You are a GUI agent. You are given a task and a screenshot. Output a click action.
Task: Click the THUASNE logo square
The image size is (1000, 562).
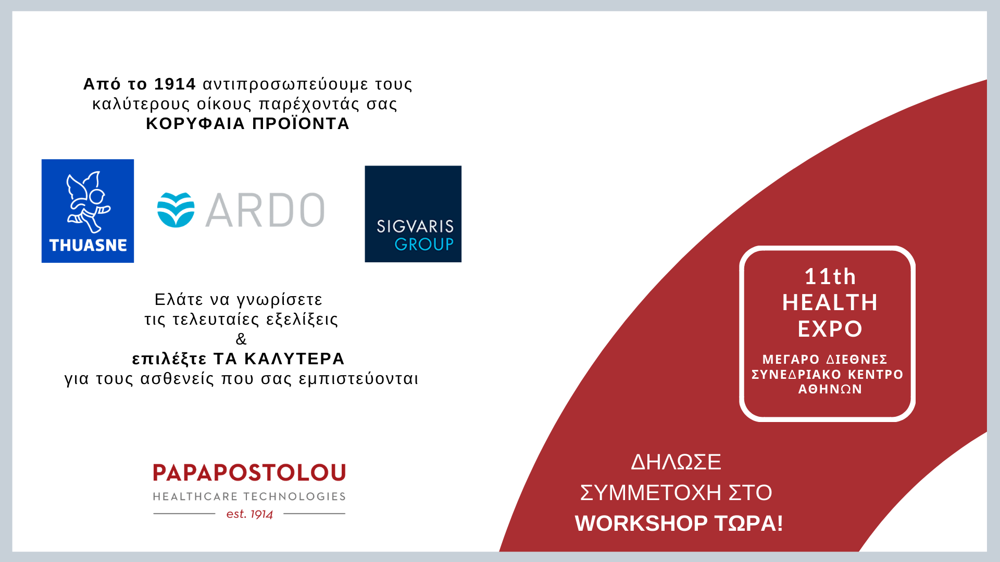click(x=87, y=211)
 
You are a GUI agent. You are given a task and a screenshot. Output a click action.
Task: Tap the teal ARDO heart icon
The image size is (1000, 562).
click(x=176, y=210)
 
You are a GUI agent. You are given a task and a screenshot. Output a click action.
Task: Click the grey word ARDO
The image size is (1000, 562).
click(x=265, y=210)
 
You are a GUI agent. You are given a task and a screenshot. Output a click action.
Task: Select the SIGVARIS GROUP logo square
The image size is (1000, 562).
click(x=413, y=214)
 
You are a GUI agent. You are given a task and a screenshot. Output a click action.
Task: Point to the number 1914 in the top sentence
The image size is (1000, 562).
click(x=175, y=84)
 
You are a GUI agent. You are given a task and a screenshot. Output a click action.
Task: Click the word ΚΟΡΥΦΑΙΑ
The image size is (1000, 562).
click(x=195, y=123)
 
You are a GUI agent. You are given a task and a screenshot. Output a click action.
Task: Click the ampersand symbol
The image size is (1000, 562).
click(x=241, y=339)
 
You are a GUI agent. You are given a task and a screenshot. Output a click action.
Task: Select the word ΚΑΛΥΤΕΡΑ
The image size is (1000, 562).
click(x=294, y=359)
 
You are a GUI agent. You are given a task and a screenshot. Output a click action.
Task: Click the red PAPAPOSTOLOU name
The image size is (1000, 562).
click(x=249, y=472)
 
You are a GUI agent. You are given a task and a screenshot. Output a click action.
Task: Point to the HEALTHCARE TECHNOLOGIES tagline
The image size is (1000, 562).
click(x=249, y=496)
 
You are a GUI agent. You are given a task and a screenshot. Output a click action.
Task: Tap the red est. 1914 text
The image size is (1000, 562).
click(x=249, y=514)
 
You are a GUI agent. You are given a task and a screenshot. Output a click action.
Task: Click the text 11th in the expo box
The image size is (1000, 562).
click(x=830, y=276)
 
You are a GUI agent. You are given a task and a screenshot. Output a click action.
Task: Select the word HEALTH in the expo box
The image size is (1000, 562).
click(x=830, y=302)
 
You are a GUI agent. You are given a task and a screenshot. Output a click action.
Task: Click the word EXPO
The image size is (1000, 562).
click(x=830, y=329)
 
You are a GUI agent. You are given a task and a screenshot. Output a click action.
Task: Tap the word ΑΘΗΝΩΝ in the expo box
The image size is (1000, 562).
click(x=830, y=389)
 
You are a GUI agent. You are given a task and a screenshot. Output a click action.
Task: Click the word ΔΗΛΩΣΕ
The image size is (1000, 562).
click(x=676, y=462)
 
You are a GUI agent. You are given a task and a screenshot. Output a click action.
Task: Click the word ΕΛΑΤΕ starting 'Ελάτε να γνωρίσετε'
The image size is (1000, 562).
click(x=179, y=299)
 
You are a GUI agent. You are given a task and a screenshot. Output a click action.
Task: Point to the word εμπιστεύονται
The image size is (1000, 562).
click(x=358, y=378)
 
